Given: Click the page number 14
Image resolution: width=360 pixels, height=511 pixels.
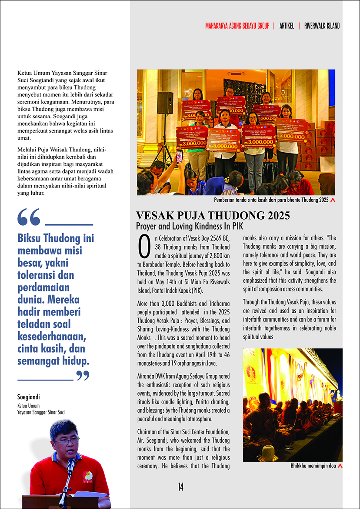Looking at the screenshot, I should pyautogui.click(x=180, y=487).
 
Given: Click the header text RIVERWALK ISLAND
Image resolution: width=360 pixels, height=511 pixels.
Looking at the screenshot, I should pyautogui.click(x=322, y=26).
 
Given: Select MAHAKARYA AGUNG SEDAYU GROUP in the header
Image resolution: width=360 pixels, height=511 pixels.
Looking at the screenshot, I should pyautogui.click(x=237, y=26).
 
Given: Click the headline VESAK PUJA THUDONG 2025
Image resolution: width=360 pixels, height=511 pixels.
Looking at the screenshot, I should pyautogui.click(x=213, y=216).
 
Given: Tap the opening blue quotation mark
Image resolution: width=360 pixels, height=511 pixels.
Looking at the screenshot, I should pyautogui.click(x=29, y=217).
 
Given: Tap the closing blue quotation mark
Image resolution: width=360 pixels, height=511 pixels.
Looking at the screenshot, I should pyautogui.click(x=83, y=375).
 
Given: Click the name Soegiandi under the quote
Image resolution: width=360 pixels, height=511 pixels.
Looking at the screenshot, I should pyautogui.click(x=29, y=397).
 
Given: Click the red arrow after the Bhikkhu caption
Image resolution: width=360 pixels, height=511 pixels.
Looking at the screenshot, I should pyautogui.click(x=340, y=466).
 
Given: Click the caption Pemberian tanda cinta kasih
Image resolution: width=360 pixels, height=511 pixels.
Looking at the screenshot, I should pyautogui.click(x=272, y=200).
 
